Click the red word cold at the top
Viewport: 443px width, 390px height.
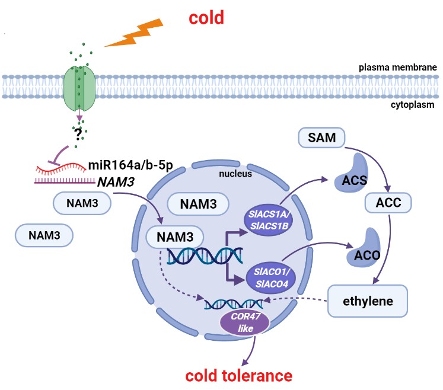tap(206, 17)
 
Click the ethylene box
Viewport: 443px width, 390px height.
tap(368, 301)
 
